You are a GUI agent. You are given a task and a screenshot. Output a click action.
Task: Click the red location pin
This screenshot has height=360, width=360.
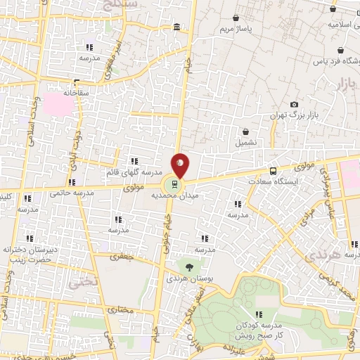coord(181,165)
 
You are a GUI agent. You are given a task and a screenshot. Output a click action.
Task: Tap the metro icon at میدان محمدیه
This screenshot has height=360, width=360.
coord(172,185)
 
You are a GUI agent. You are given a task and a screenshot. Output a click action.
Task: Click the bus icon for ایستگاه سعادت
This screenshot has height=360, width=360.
coord(274,170)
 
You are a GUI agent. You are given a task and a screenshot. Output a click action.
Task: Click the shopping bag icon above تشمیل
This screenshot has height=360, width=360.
coord(245,131)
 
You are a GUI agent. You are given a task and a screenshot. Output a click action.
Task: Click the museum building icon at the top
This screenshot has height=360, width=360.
coord(175,27)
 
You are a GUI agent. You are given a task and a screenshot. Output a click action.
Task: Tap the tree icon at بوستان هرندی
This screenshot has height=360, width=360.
coord(188,266)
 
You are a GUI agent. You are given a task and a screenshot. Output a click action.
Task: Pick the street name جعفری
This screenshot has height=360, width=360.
coord(120,257)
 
